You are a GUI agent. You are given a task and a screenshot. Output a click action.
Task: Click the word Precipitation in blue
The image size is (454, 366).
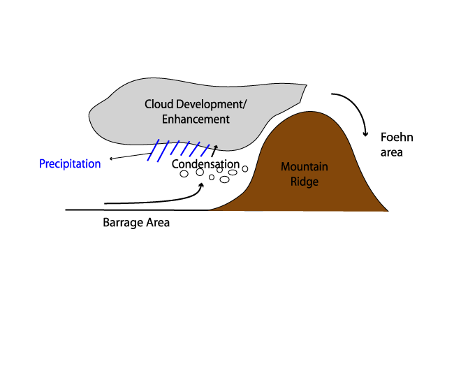point(70,164)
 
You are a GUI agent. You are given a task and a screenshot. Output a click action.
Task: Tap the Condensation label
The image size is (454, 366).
point(205,164)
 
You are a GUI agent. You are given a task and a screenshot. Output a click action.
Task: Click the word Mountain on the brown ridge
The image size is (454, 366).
point(305,166)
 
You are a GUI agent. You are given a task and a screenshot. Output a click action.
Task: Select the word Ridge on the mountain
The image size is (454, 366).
point(305,182)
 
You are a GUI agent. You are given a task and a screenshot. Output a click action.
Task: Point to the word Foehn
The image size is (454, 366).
point(397,137)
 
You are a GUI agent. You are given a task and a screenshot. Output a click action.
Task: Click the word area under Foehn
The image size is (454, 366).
point(391,152)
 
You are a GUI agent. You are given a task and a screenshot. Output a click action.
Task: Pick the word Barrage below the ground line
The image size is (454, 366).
point(123,223)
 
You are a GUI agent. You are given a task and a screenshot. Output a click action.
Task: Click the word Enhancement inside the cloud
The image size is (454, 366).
point(196,119)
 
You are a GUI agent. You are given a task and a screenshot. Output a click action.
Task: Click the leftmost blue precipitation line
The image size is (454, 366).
point(153,150)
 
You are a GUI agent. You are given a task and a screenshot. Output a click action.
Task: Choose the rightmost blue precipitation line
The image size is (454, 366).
point(205,150)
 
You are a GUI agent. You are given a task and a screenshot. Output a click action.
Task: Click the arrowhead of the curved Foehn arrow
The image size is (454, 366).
point(366,134)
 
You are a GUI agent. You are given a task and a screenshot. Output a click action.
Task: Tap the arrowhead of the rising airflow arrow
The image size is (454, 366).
point(201,184)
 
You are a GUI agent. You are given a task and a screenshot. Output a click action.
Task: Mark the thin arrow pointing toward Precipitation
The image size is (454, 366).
point(130,156)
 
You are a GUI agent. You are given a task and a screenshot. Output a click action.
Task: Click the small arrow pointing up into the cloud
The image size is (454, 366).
point(214,151)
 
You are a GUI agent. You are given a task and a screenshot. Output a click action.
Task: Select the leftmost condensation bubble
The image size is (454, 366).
point(184,174)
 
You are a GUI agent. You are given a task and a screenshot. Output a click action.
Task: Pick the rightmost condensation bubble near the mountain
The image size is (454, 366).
point(245,169)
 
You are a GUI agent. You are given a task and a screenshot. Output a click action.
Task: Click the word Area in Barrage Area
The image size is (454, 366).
point(158,223)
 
